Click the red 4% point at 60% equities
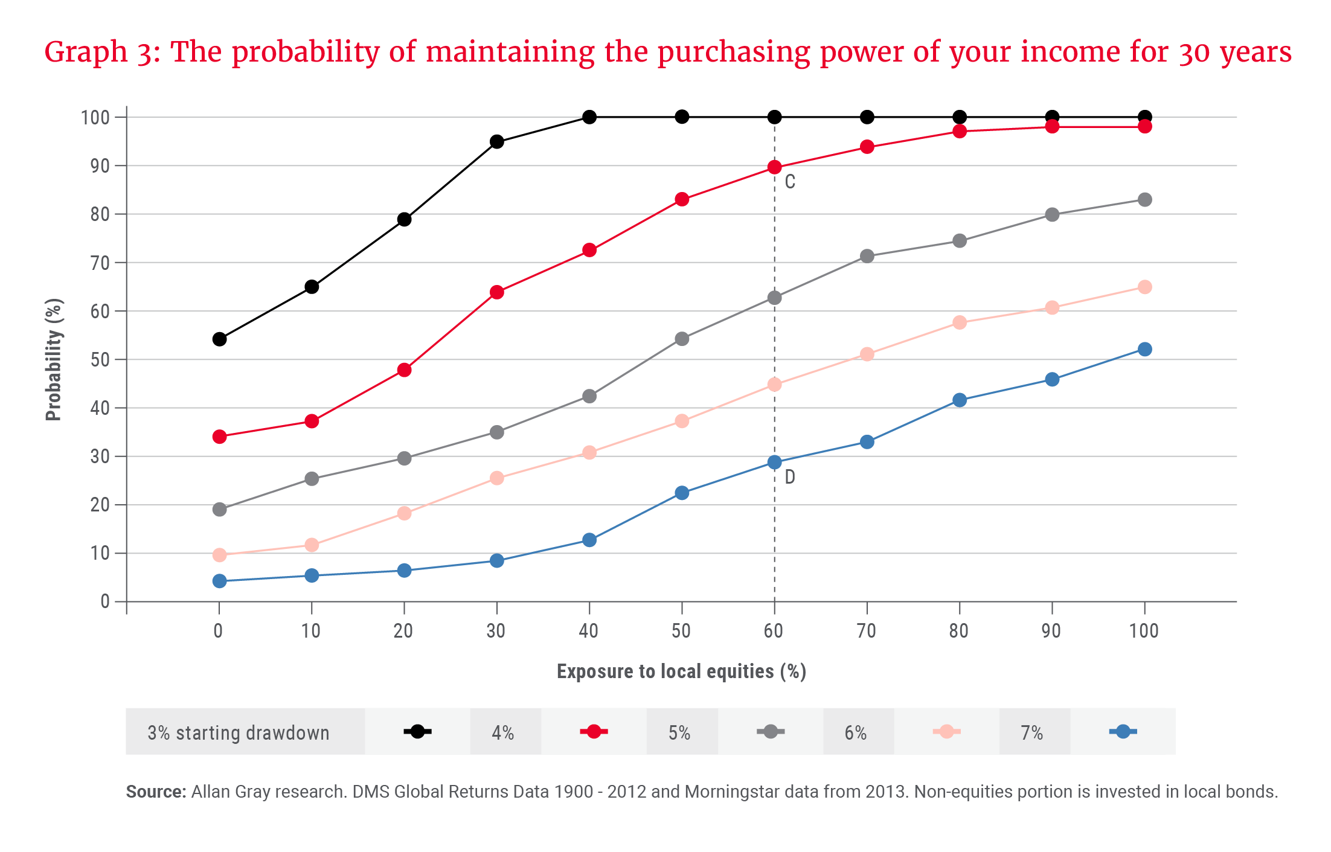click(774, 167)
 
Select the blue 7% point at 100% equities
click(1144, 350)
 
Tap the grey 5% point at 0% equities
click(220, 509)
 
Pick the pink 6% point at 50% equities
click(682, 421)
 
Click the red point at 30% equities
click(497, 292)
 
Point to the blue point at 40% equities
click(589, 540)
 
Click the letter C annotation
click(790, 182)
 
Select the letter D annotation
click(790, 478)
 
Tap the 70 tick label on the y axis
click(100, 263)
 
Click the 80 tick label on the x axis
click(958, 631)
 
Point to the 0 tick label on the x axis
click(218, 631)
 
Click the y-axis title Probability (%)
click(54, 359)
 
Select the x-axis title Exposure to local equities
click(681, 671)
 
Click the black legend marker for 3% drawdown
click(417, 732)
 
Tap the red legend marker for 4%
click(594, 732)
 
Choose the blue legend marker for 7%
click(1123, 732)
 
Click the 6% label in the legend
click(855, 733)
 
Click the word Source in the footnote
click(155, 792)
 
